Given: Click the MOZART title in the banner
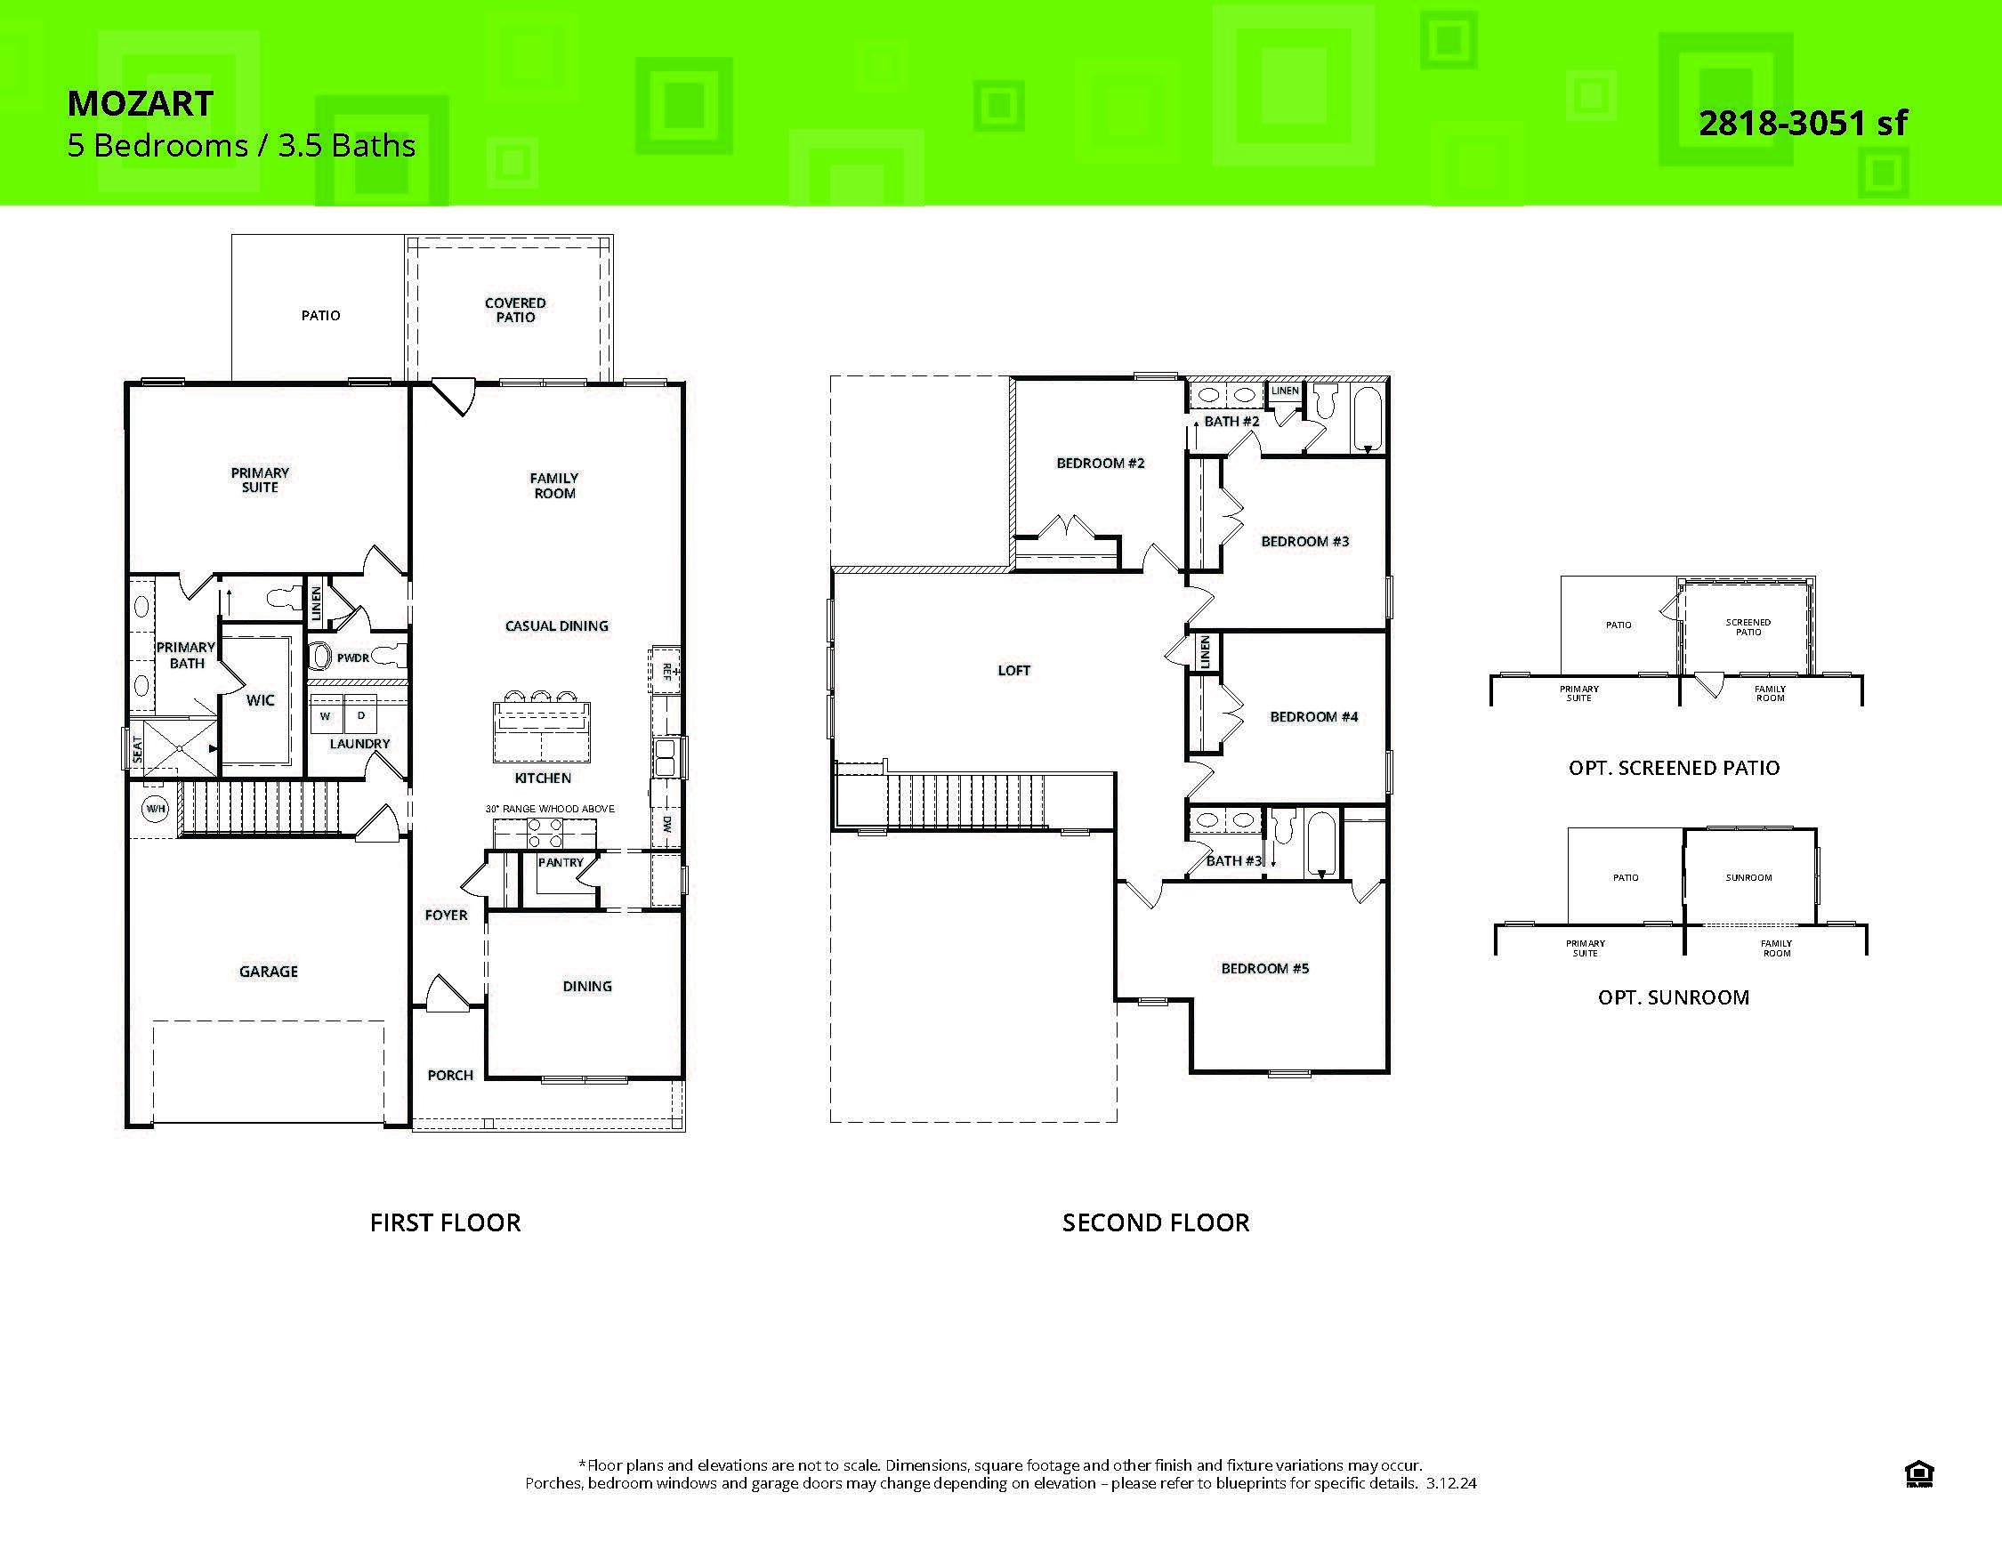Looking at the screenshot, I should pos(141,103).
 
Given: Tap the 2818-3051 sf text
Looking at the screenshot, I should pos(1802,123).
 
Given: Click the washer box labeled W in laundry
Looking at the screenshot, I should pos(326,715).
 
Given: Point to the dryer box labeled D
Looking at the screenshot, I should pos(361,714).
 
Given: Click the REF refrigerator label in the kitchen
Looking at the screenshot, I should pos(666,671).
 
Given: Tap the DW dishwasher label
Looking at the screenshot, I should pos(666,824).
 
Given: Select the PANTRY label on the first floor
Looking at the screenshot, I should pos(560,862).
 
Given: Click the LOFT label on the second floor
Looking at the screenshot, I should pos(1013,671).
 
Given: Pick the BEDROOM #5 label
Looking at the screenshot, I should pos(1264,969).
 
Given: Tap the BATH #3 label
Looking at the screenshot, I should pos(1234,860).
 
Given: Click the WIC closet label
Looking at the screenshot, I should pos(261,700).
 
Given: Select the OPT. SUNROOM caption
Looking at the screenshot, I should pos(1673,997).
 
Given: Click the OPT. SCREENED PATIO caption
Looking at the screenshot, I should pos(1674,768).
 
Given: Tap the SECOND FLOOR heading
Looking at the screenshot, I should pos(1155,1222).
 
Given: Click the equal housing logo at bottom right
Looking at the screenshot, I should pos(1918,1474).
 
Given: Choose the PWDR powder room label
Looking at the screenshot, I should pos(353,658).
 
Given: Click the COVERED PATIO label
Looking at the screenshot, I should pos(515,310).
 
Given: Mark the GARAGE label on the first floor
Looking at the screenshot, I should pos(269,972).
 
